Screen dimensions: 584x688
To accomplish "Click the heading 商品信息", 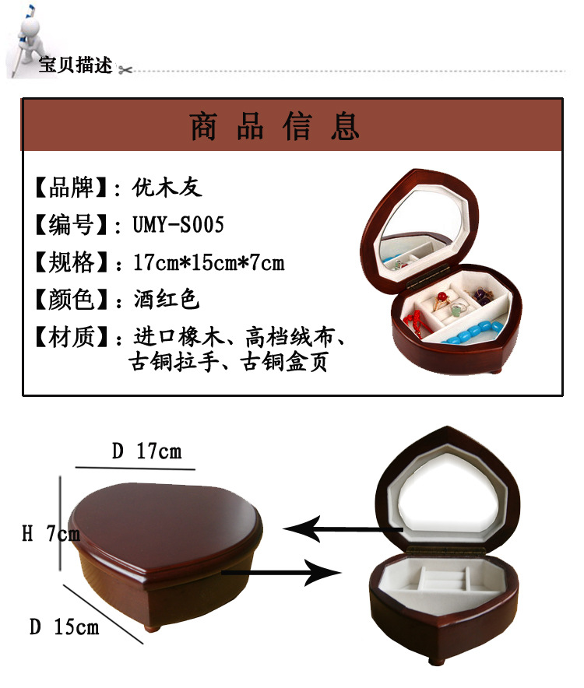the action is tap(275, 126).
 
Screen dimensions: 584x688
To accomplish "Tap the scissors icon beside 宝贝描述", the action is tap(125, 69).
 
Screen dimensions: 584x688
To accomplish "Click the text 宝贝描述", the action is tap(76, 65).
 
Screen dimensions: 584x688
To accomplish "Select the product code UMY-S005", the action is tap(178, 224).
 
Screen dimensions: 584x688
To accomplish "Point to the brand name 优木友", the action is tap(167, 188).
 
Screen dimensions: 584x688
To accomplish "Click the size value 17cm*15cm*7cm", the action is tap(209, 262).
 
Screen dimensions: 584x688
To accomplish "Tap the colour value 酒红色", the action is tap(167, 299).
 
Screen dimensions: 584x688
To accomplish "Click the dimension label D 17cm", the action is tap(146, 451).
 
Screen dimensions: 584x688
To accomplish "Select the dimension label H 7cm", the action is tap(51, 534).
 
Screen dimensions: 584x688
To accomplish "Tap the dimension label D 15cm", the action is tap(64, 627).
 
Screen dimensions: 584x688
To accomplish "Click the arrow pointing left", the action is tap(343, 529).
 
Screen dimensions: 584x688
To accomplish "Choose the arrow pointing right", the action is tap(281, 572).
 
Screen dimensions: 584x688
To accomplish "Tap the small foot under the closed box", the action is tap(153, 628).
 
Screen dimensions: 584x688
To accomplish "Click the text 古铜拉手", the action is tap(174, 363).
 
